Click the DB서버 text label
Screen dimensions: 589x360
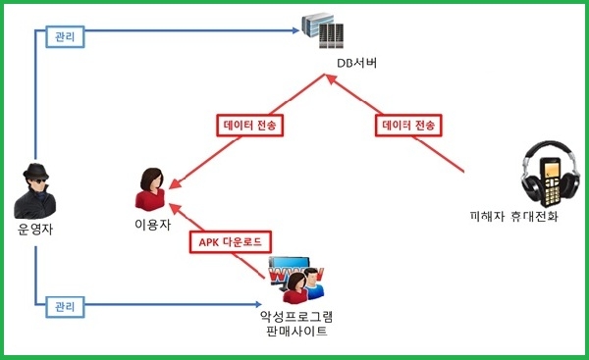(x=356, y=63)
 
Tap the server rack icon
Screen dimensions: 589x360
(x=323, y=30)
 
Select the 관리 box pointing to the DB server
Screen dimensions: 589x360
(x=65, y=37)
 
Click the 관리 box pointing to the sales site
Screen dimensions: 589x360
(x=65, y=307)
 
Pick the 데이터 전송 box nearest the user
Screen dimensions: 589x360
(x=249, y=125)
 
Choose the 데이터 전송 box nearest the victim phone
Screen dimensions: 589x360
(x=408, y=125)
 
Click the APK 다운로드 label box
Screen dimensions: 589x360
(x=231, y=241)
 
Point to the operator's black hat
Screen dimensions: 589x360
(x=35, y=172)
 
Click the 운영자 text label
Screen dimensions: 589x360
(x=35, y=229)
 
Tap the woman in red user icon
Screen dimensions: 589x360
(x=151, y=189)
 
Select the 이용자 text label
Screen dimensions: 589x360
(x=152, y=225)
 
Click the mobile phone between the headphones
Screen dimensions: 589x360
(x=551, y=182)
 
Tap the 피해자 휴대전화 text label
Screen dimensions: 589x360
(x=513, y=217)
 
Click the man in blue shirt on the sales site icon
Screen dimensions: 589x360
(x=313, y=283)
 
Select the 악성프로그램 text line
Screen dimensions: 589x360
(x=296, y=317)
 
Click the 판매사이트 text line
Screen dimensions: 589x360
(x=296, y=332)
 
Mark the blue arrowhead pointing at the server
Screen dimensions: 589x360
(x=296, y=30)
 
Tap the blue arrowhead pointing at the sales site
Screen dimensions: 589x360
(x=257, y=304)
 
